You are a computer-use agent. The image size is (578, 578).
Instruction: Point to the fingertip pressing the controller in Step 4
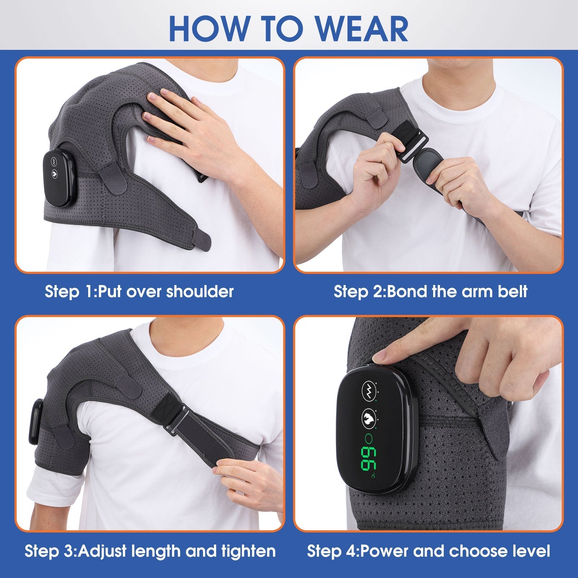tap(379, 357)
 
